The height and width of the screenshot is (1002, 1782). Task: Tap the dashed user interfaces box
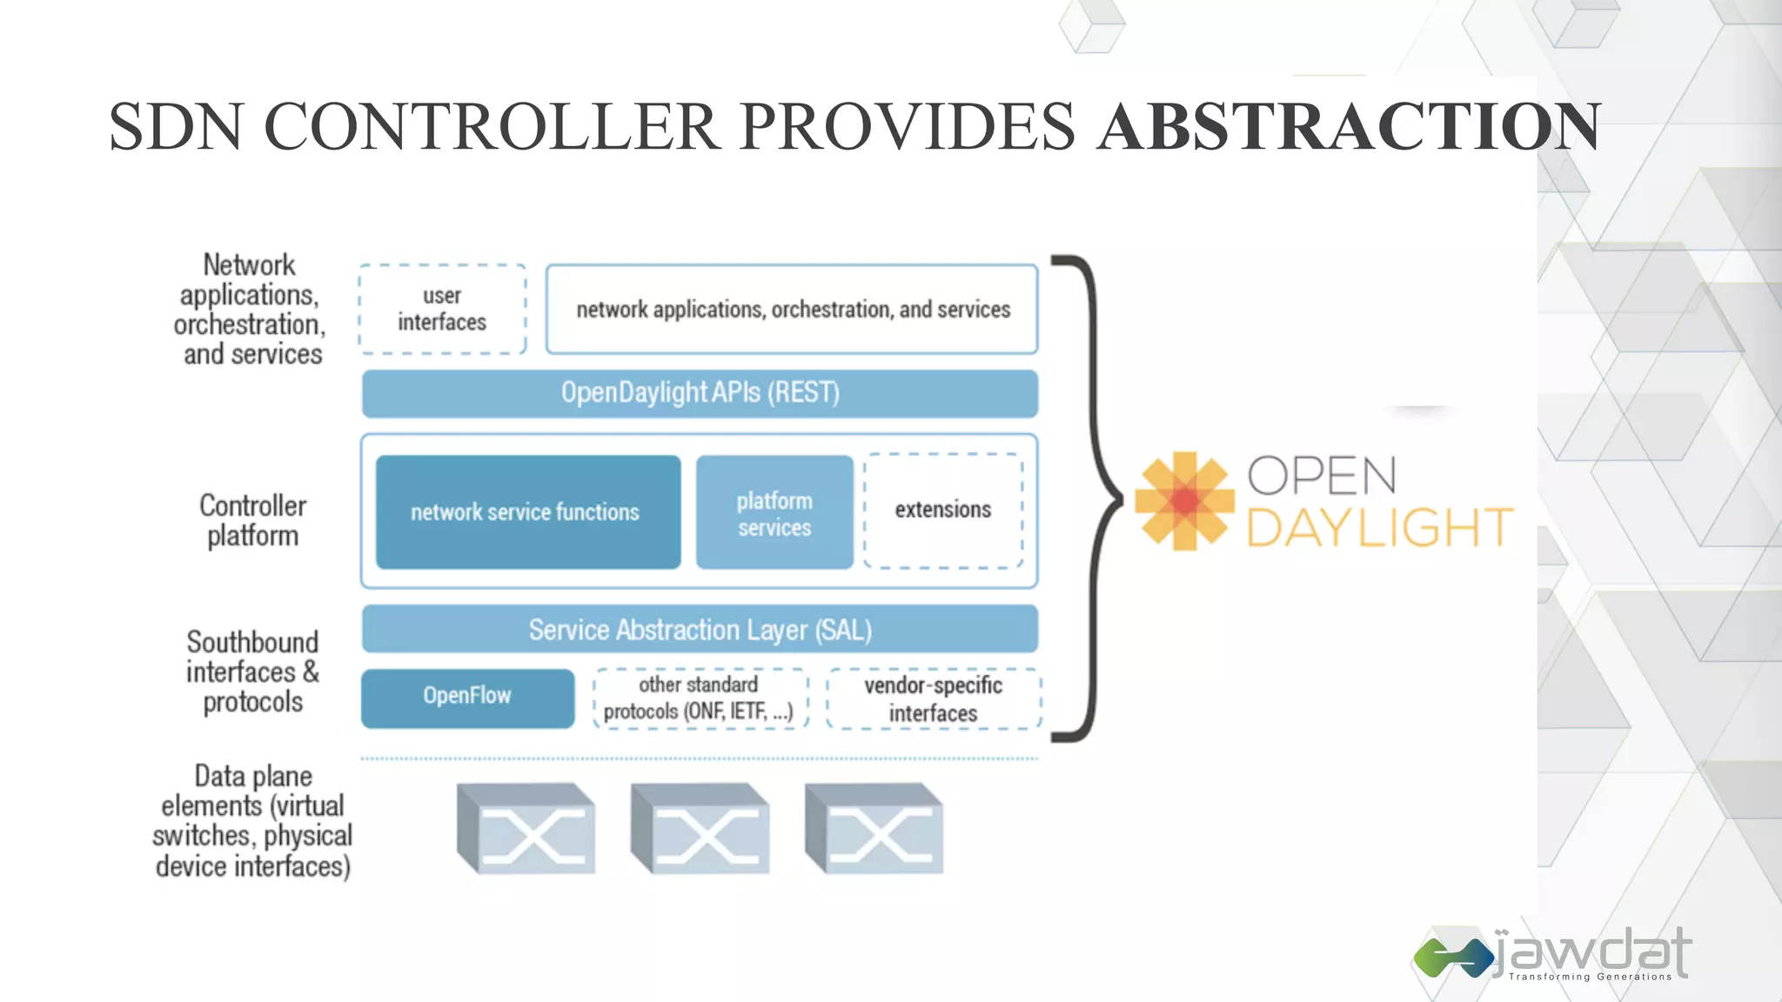pyautogui.click(x=442, y=309)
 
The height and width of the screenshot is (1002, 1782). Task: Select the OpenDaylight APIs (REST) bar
pyautogui.click(x=700, y=393)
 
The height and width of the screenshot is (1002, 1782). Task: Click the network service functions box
pyautogui.click(x=527, y=511)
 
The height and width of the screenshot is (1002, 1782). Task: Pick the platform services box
pyautogui.click(x=774, y=512)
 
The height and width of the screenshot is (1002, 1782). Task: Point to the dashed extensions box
pyautogui.click(x=943, y=510)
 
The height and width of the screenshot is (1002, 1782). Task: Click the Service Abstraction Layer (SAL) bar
pyautogui.click(x=700, y=629)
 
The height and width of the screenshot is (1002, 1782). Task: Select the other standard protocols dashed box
pyautogui.click(x=700, y=698)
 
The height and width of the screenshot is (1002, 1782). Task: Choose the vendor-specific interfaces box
pyautogui.click(x=933, y=698)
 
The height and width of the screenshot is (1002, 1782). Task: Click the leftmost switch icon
pyautogui.click(x=526, y=829)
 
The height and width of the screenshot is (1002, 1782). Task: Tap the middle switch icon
pyautogui.click(x=700, y=829)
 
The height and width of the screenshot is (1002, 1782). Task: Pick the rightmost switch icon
pyautogui.click(x=874, y=829)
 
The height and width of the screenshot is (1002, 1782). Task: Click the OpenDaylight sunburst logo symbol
pyautogui.click(x=1184, y=500)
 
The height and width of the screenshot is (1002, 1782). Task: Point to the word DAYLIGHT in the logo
pyautogui.click(x=1379, y=528)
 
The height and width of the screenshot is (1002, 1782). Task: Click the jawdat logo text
pyautogui.click(x=1592, y=952)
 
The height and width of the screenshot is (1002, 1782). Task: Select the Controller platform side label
pyautogui.click(x=252, y=520)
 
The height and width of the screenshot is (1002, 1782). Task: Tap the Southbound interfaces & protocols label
pyautogui.click(x=252, y=671)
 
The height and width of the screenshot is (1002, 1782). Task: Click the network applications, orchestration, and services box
pyautogui.click(x=792, y=309)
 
